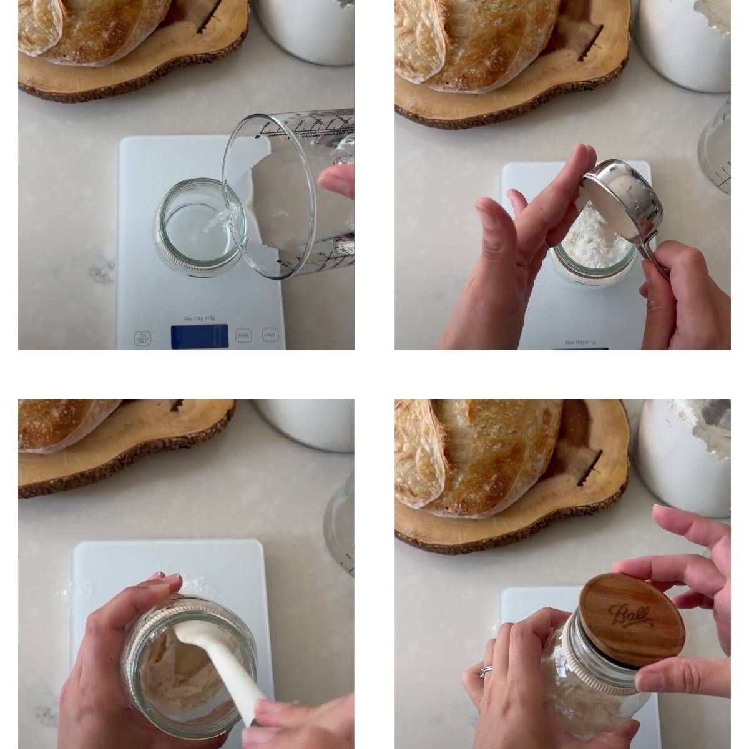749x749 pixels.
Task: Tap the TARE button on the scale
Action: tap(243, 335)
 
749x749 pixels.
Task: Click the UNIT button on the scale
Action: tap(270, 335)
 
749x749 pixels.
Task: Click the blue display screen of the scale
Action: tap(199, 336)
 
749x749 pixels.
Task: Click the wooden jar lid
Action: tap(630, 618)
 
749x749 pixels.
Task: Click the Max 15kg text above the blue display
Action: tap(199, 318)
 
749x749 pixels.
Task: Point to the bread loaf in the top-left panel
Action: tap(94, 28)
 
